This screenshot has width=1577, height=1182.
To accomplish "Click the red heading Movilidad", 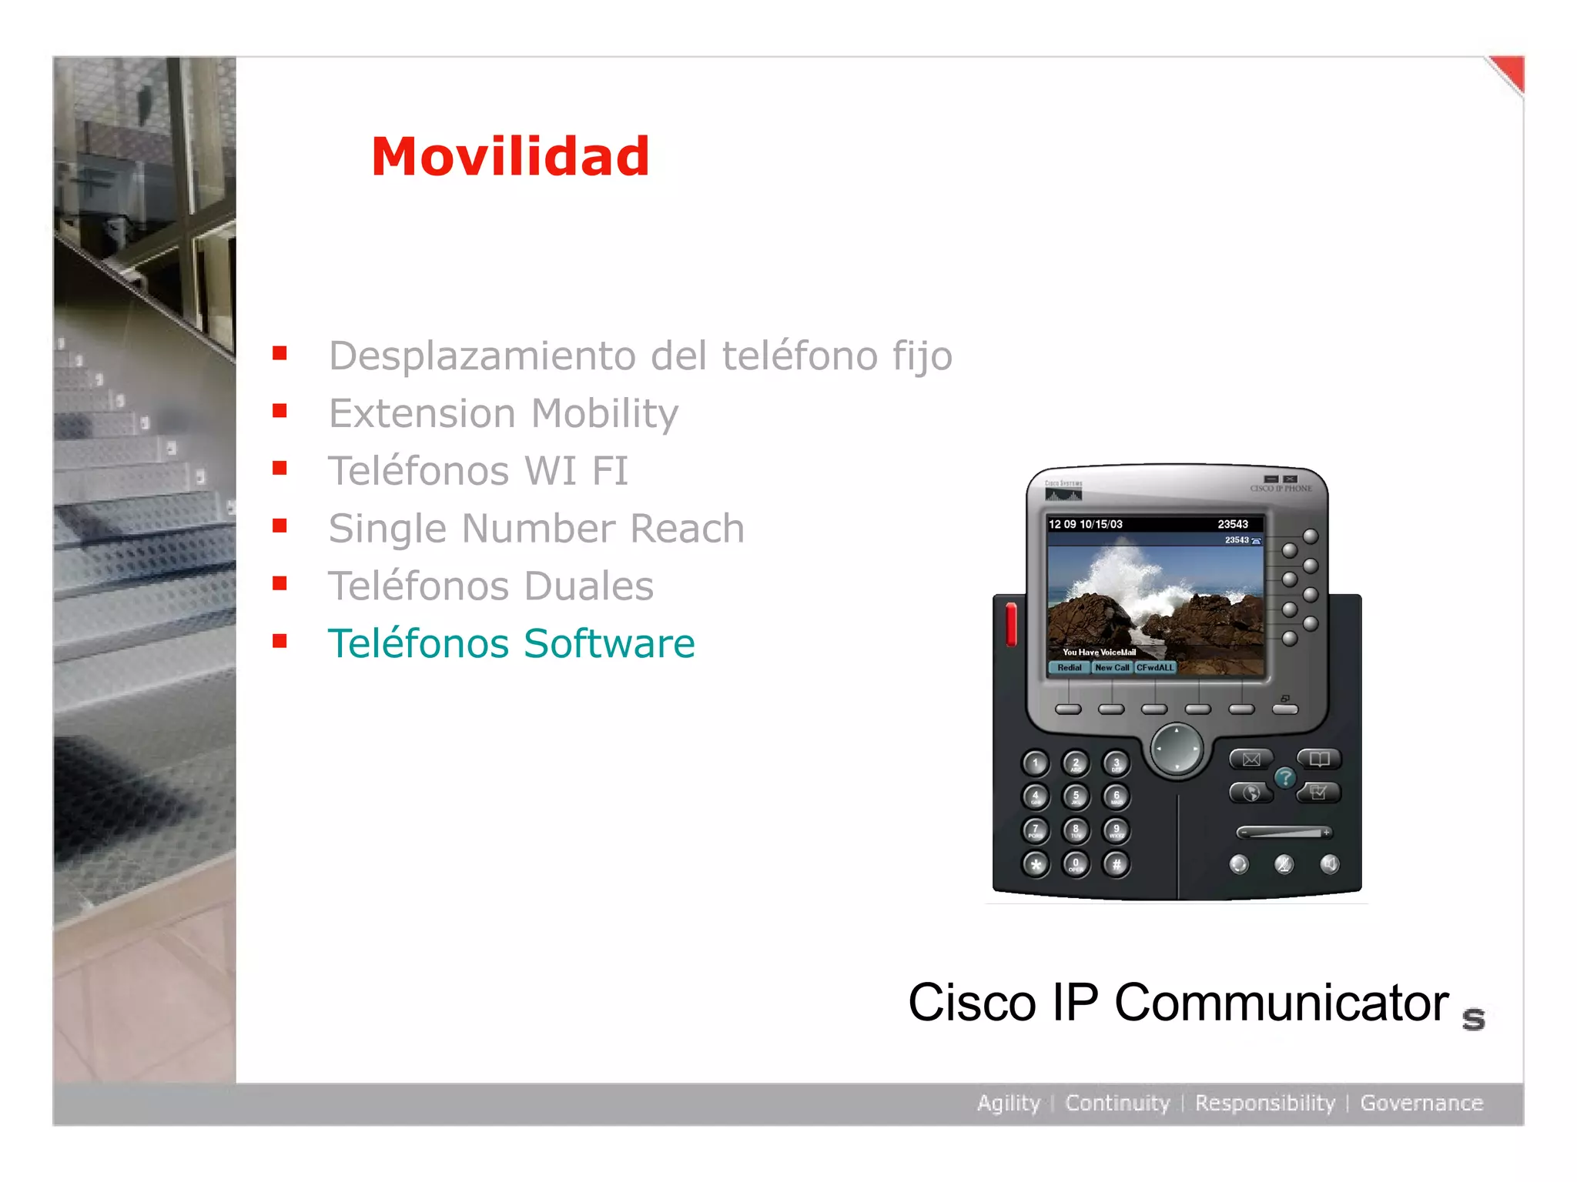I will (x=510, y=156).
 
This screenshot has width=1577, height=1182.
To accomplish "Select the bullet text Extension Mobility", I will (x=503, y=413).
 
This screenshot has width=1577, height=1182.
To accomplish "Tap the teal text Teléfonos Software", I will (x=511, y=643).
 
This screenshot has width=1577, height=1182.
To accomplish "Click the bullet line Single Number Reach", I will (x=536, y=529).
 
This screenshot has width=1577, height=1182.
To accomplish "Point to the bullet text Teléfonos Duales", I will (x=491, y=586).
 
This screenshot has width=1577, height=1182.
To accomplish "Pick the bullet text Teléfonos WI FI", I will (x=478, y=471).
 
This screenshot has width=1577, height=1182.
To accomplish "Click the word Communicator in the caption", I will (x=1281, y=1003).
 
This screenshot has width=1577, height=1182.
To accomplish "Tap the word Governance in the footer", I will (x=1421, y=1103).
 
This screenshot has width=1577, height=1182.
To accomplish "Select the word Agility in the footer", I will (x=1008, y=1103).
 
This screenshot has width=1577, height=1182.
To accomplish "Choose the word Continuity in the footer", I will (x=1117, y=1103).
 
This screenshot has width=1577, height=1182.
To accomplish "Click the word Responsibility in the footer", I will (x=1265, y=1103).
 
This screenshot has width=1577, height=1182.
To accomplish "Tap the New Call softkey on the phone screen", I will (x=1112, y=668).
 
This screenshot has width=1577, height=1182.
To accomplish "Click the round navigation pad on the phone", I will (x=1177, y=748).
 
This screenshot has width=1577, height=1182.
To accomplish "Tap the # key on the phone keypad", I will (x=1117, y=864).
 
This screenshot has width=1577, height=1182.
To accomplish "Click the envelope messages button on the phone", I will (x=1251, y=760).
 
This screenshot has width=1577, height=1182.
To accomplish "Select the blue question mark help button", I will (x=1285, y=778).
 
